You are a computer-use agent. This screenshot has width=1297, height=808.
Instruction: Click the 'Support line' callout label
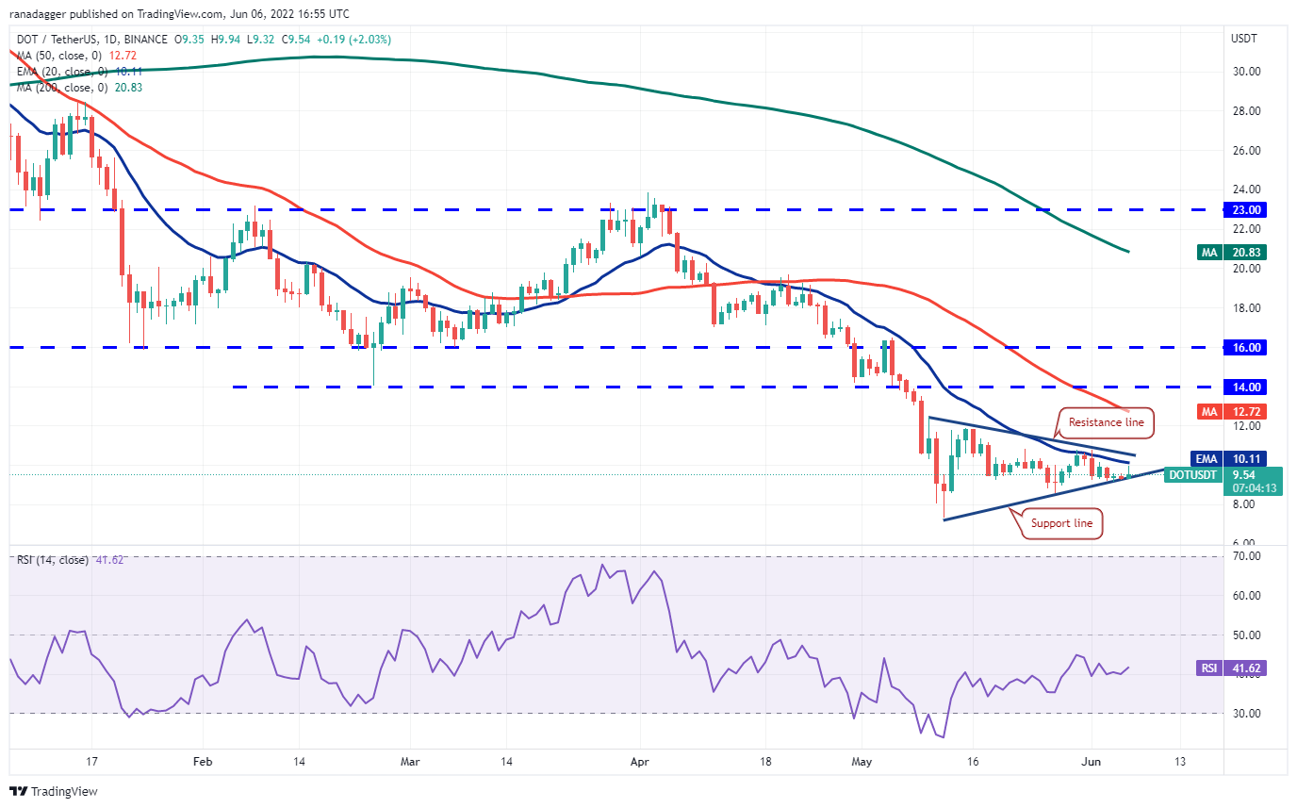[1062, 522]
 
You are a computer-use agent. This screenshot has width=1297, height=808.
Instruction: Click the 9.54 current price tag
[1251, 474]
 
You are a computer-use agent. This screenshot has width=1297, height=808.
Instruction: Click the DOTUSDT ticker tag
[1193, 474]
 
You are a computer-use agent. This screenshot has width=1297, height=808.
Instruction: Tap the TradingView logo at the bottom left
[54, 791]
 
